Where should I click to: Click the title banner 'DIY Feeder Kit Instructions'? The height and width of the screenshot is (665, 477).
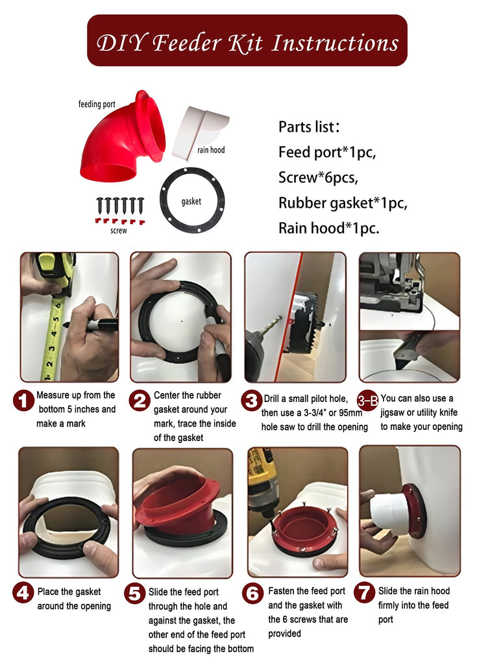pos(247,41)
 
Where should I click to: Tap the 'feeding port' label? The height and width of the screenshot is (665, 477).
pos(97,104)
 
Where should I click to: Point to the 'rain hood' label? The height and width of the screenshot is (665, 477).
pos(211,150)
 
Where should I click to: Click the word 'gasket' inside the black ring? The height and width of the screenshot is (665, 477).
pos(191,201)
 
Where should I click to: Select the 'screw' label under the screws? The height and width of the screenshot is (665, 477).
pos(119,231)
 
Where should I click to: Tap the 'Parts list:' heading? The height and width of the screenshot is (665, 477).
pos(309,127)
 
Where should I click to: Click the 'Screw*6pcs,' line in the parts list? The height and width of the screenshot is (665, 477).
pos(318,177)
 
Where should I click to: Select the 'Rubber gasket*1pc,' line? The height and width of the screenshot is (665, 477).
pos(343,203)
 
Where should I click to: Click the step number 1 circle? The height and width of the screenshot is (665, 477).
pos(23,401)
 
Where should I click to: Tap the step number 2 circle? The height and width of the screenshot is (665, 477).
pos(140,401)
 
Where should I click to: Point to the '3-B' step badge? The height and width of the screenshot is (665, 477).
pos(367,400)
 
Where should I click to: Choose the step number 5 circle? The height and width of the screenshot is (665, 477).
pos(135,594)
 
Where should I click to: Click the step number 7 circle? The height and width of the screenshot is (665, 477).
pos(364,592)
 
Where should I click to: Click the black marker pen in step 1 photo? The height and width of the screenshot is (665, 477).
pos(90,325)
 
